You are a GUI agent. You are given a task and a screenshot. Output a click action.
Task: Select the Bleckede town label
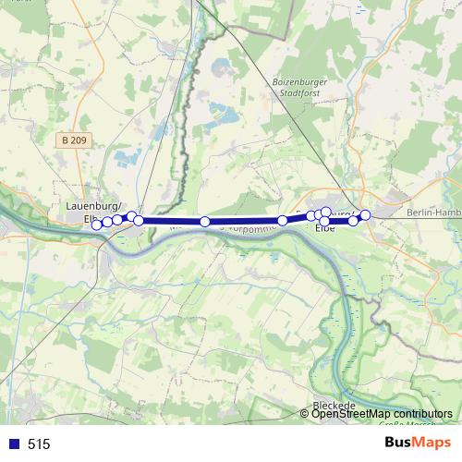click(334, 406)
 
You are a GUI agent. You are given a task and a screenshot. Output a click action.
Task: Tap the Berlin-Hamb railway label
click(433, 213)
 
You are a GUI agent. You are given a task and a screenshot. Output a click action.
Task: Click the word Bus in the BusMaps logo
click(397, 443)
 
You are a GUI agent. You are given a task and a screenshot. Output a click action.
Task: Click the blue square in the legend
click(13, 444)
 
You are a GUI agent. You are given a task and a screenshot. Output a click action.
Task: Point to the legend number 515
click(39, 444)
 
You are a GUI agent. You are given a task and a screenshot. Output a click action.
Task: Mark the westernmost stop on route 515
click(96, 225)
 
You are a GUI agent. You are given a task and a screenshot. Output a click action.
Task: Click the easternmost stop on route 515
click(365, 215)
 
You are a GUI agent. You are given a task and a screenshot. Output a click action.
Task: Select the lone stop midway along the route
click(204, 222)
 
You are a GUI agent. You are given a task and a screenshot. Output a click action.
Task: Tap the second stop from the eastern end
click(353, 221)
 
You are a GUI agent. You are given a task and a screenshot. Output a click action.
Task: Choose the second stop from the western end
click(107, 222)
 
